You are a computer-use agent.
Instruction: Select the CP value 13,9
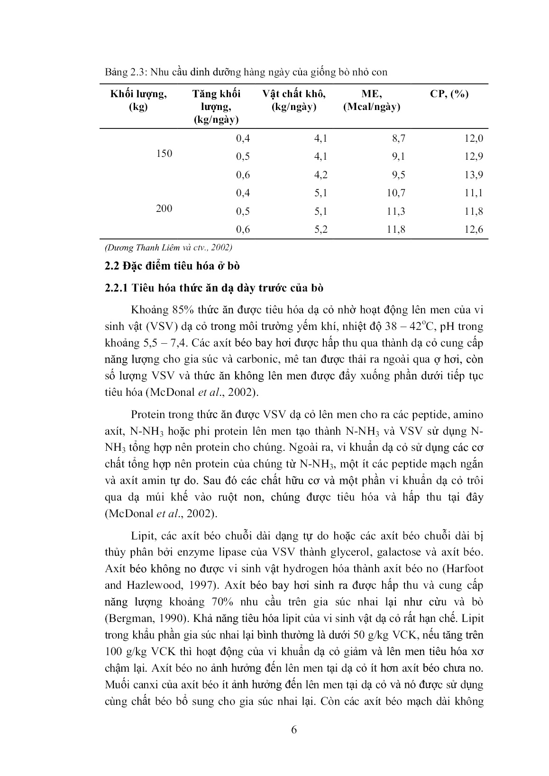pyautogui.click(x=473, y=175)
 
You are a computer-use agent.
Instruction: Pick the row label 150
pyautogui.click(x=164, y=154)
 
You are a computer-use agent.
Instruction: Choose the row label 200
pyautogui.click(x=164, y=208)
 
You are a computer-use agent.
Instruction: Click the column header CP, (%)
pyautogui.click(x=449, y=94)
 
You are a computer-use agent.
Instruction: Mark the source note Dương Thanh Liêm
pyautogui.click(x=168, y=247)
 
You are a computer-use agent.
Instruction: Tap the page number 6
pyautogui.click(x=293, y=730)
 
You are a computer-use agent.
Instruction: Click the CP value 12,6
pyautogui.click(x=473, y=229)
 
